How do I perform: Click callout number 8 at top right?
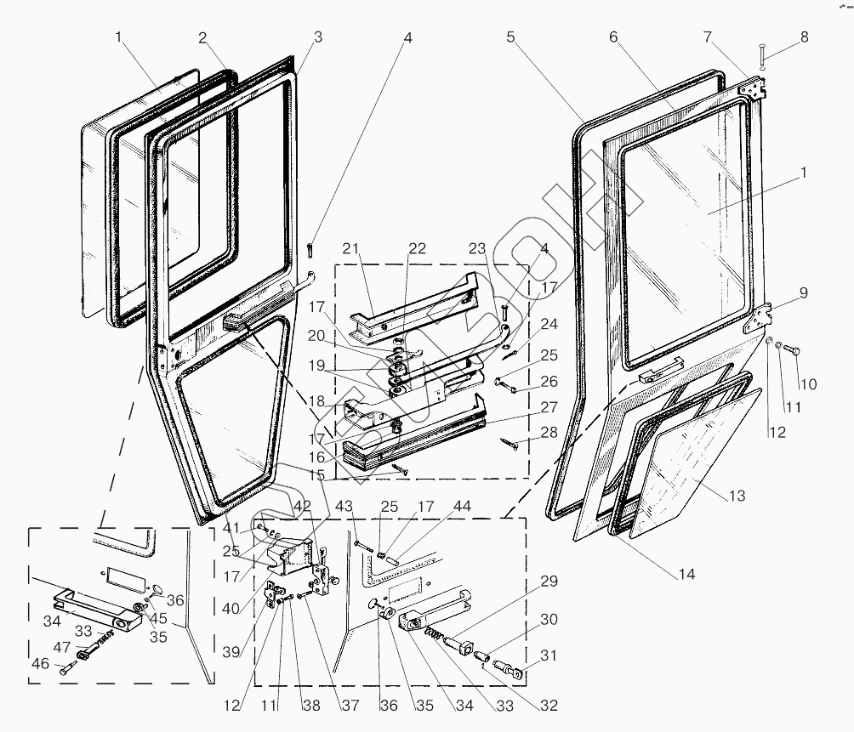pyautogui.click(x=804, y=37)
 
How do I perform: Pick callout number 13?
pyautogui.click(x=737, y=496)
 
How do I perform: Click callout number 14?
pyautogui.click(x=686, y=575)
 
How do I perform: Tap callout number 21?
pyautogui.click(x=351, y=248)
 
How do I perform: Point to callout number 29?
pyautogui.click(x=549, y=581)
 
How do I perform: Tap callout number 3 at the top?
pyautogui.click(x=317, y=37)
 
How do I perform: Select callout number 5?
pyautogui.click(x=510, y=37)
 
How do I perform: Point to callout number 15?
pyautogui.click(x=317, y=474)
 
